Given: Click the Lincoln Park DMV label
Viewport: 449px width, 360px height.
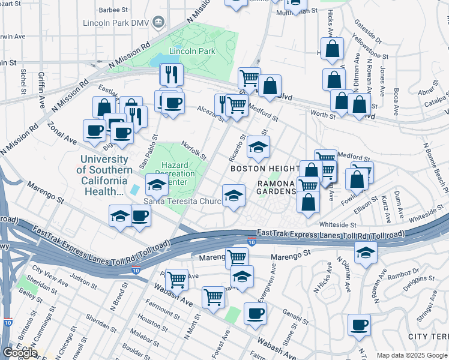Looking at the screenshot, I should [122, 23].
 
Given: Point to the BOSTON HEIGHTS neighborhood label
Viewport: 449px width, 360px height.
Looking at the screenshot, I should [265, 169].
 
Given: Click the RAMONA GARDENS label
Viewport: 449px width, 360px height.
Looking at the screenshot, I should [277, 187].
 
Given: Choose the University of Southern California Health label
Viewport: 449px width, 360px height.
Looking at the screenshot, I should [104, 175].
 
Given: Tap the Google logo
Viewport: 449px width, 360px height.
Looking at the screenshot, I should [20, 353].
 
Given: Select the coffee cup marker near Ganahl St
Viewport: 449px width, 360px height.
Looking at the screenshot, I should [255, 313].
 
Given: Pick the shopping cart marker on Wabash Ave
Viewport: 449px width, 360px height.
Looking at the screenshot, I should [214, 297].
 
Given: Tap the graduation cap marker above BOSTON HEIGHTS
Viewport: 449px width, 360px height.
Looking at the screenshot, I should [258, 146].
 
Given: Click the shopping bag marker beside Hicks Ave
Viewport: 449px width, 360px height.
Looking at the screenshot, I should [332, 48].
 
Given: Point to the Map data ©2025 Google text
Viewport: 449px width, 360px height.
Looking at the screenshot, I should [412, 355].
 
